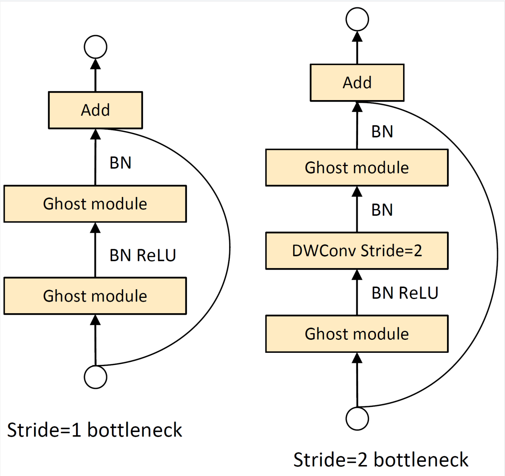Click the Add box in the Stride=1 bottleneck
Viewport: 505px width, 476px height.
pyautogui.click(x=95, y=110)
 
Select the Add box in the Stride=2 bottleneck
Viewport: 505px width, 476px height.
pyautogui.click(x=357, y=83)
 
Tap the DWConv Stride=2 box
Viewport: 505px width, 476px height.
pyautogui.click(x=357, y=251)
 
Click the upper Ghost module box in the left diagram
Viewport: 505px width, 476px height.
pyautogui.click(x=95, y=204)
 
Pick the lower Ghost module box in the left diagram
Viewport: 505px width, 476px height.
pyautogui.click(x=95, y=296)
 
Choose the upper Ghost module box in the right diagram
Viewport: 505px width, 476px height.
pyautogui.click(x=357, y=168)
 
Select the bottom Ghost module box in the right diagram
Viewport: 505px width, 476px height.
pyautogui.click(x=357, y=334)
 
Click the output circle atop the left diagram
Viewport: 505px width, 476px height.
pyautogui.click(x=96, y=47)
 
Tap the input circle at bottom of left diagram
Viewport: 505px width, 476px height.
pyautogui.click(x=96, y=377)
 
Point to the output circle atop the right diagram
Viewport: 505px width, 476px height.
pyautogui.click(x=357, y=19)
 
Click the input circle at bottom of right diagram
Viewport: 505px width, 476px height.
pyautogui.click(x=357, y=419)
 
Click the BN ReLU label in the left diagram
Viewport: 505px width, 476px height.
pyautogui.click(x=143, y=255)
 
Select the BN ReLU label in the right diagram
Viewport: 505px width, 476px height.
pyautogui.click(x=405, y=293)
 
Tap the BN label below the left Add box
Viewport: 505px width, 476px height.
pyautogui.click(x=120, y=163)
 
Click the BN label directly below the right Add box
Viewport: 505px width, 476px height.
pyautogui.click(x=382, y=131)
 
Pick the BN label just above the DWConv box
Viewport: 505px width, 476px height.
pyautogui.click(x=382, y=210)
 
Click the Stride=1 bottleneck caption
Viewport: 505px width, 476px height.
pyautogui.click(x=94, y=430)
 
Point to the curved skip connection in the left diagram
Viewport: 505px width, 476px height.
pyautogui.click(x=229, y=247)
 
